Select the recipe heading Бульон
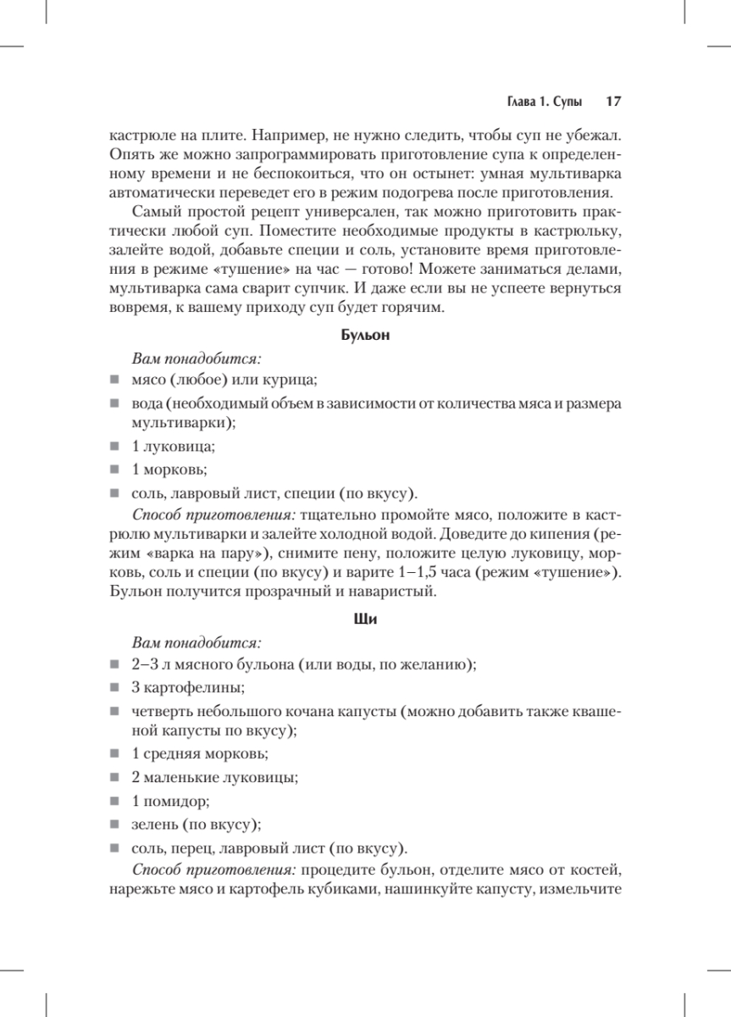(365, 336)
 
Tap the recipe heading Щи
(365, 620)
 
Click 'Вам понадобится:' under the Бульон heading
(194, 359)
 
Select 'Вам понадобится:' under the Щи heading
(194, 642)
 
